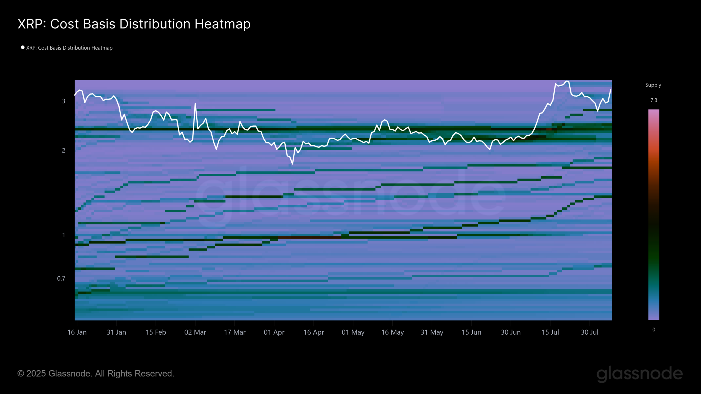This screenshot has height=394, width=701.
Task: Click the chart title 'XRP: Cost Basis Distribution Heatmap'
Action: pyautogui.click(x=134, y=24)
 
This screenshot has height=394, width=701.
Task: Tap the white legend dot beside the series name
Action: pyautogui.click(x=23, y=47)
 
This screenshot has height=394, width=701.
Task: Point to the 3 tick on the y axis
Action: pyautogui.click(x=64, y=101)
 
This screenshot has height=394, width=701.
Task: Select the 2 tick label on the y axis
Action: pyautogui.click(x=64, y=150)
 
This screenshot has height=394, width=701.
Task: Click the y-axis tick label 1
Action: pyautogui.click(x=64, y=235)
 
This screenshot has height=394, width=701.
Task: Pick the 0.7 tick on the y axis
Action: pyautogui.click(x=61, y=279)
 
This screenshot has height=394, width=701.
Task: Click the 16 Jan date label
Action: pyautogui.click(x=77, y=332)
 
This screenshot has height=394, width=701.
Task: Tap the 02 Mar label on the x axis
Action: pyautogui.click(x=195, y=332)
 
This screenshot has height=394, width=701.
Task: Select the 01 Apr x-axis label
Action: pyautogui.click(x=274, y=332)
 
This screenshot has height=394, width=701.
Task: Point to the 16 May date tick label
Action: pyautogui.click(x=392, y=332)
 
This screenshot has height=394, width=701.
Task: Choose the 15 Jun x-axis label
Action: pyautogui.click(x=471, y=332)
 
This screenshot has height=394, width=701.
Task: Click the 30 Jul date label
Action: pyautogui.click(x=590, y=332)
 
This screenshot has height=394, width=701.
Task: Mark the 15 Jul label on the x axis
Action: pyautogui.click(x=550, y=332)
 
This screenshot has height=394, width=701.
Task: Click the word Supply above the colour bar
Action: pyautogui.click(x=653, y=85)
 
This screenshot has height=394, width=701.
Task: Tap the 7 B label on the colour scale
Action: pyautogui.click(x=654, y=100)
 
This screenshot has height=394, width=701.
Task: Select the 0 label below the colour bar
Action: pyautogui.click(x=654, y=330)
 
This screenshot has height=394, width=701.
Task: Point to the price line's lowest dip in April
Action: pyautogui.click(x=292, y=164)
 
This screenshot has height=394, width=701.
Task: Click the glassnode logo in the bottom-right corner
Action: pyautogui.click(x=639, y=374)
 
